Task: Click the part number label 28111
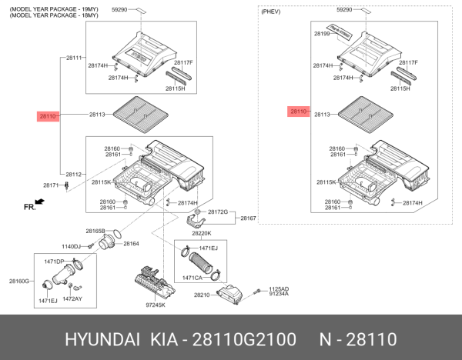74,58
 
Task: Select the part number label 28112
74,174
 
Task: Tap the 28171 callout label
52,185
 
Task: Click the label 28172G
217,211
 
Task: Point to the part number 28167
248,218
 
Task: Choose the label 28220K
201,232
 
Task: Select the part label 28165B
95,231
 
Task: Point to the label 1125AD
278,288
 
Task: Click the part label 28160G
19,281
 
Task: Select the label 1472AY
72,298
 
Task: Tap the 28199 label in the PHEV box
321,35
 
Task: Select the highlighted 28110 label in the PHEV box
299,112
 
